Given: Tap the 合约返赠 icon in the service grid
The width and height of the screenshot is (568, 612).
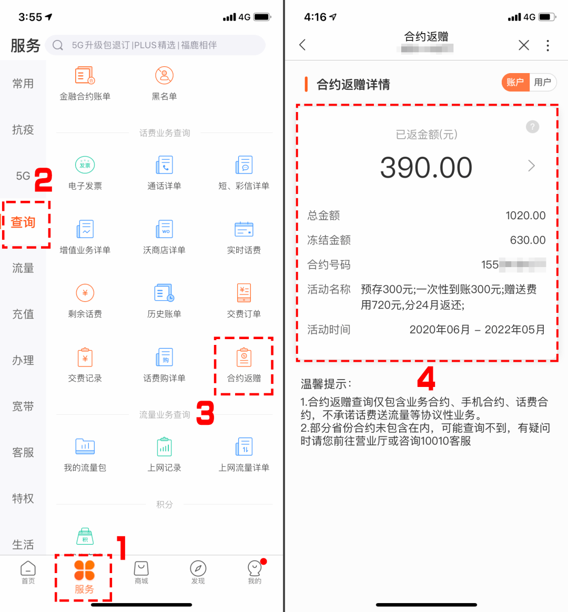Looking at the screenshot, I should [244, 358].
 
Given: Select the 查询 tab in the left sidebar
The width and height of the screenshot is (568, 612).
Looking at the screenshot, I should [23, 222].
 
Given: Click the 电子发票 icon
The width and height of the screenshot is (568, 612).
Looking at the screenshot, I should [85, 166].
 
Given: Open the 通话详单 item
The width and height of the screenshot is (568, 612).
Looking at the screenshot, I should [164, 166].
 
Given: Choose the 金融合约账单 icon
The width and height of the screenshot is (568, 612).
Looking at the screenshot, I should [85, 76].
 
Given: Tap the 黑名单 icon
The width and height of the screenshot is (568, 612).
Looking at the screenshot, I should [164, 76].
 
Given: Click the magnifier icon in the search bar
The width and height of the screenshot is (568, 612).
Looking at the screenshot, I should [58, 45].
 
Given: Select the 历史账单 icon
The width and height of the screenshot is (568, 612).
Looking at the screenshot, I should [164, 293].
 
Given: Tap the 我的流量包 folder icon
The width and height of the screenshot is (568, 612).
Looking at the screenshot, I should [85, 447].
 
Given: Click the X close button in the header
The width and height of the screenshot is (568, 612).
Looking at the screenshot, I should [523, 45].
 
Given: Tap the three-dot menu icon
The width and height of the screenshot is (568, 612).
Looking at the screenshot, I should [547, 45].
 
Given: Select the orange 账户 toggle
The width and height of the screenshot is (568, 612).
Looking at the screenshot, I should [515, 83].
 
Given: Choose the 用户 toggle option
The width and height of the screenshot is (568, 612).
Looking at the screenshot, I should [542, 83].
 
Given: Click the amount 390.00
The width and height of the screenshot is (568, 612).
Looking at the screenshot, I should [426, 168].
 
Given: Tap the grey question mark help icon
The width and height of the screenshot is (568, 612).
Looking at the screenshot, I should [532, 127].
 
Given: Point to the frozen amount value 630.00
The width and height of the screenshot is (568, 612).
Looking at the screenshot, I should [528, 240].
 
